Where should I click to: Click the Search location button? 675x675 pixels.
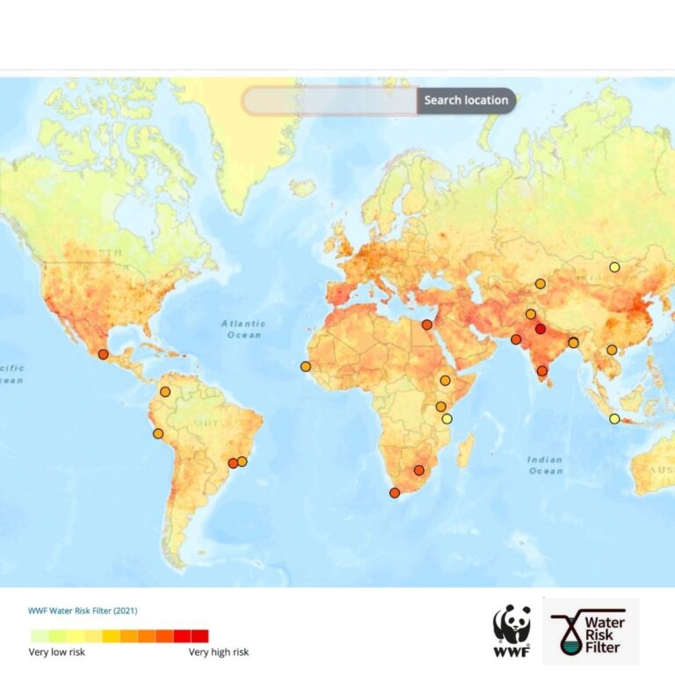[466, 100]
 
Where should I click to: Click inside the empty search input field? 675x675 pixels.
[330, 100]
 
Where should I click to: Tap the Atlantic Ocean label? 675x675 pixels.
[243, 329]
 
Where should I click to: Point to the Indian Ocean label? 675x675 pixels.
[545, 465]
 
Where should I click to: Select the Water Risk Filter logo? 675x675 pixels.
[590, 631]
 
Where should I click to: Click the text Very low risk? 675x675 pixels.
[56, 652]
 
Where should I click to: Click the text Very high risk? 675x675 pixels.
[219, 652]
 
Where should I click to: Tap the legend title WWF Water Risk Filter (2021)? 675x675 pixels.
[83, 610]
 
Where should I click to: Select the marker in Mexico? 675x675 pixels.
[103, 354]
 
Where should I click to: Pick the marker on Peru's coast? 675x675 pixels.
[158, 433]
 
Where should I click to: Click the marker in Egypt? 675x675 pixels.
[426, 324]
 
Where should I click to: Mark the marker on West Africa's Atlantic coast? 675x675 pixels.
[305, 367]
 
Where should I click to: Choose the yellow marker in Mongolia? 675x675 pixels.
[614, 267]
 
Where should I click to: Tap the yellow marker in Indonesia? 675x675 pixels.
[614, 418]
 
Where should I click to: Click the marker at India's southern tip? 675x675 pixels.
[541, 371]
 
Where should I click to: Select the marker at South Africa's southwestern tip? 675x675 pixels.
[395, 493]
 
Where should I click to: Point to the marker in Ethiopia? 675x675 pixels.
[446, 381]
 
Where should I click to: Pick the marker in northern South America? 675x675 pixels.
[164, 391]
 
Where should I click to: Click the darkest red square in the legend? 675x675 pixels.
[200, 635]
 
